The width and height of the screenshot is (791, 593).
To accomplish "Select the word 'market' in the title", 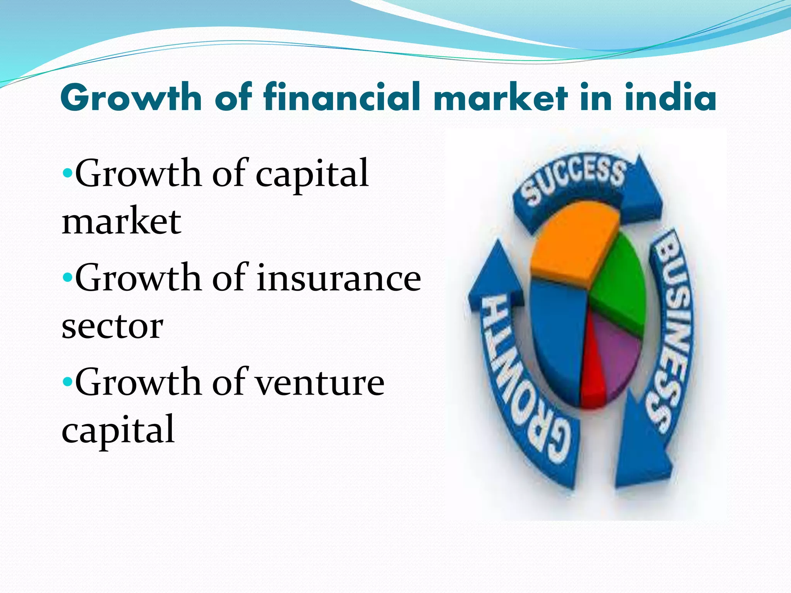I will [x=501, y=97].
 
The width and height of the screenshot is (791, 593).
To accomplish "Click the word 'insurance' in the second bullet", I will [x=339, y=278].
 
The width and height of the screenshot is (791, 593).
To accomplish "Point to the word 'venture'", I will [x=320, y=382].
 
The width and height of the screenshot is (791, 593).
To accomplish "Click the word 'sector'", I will [x=112, y=326].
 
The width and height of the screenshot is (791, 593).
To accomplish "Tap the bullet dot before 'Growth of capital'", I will [x=67, y=173].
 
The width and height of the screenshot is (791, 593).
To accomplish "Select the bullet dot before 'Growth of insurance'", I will [x=67, y=277].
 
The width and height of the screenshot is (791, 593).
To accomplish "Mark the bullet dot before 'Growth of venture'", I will [x=67, y=381].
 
